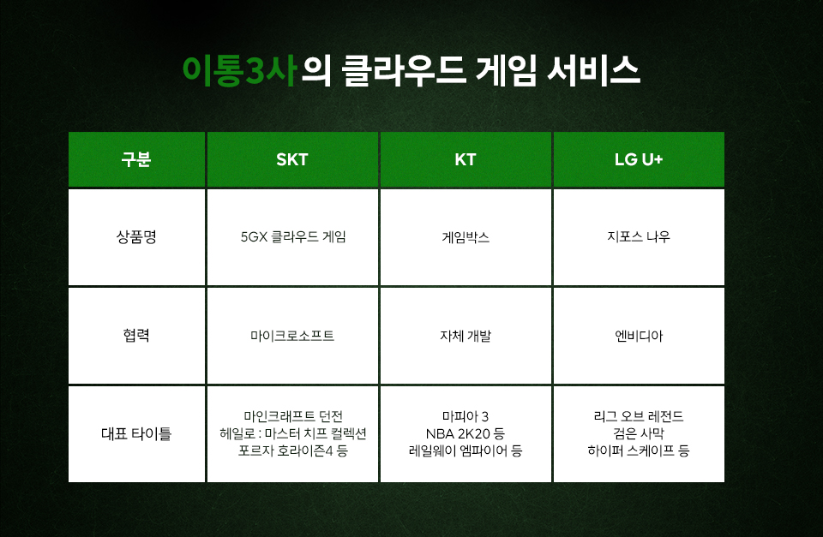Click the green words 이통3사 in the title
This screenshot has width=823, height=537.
click(x=240, y=71)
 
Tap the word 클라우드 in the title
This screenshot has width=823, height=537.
click(x=404, y=71)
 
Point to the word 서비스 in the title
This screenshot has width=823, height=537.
click(x=593, y=71)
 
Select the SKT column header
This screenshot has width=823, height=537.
click(x=292, y=159)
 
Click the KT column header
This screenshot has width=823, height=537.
click(x=466, y=159)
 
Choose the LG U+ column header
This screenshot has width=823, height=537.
click(x=639, y=159)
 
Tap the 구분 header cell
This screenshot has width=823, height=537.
click(x=136, y=159)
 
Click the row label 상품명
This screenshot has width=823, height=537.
click(x=136, y=237)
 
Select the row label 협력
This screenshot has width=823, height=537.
click(x=136, y=336)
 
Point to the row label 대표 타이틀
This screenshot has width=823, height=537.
click(x=136, y=433)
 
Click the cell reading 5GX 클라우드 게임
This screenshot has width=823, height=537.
click(x=293, y=237)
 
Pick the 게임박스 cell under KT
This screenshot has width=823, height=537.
click(x=466, y=237)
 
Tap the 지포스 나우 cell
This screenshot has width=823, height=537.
click(x=639, y=237)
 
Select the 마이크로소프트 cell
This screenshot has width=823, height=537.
click(x=292, y=336)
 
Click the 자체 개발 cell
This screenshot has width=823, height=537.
click(x=466, y=336)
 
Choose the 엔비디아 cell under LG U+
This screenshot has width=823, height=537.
click(x=639, y=336)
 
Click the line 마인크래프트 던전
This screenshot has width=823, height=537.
click(x=293, y=416)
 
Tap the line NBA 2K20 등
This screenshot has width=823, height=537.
click(x=466, y=433)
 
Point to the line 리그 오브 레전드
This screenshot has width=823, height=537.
click(x=639, y=416)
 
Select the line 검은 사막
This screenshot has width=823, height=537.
click(x=639, y=433)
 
